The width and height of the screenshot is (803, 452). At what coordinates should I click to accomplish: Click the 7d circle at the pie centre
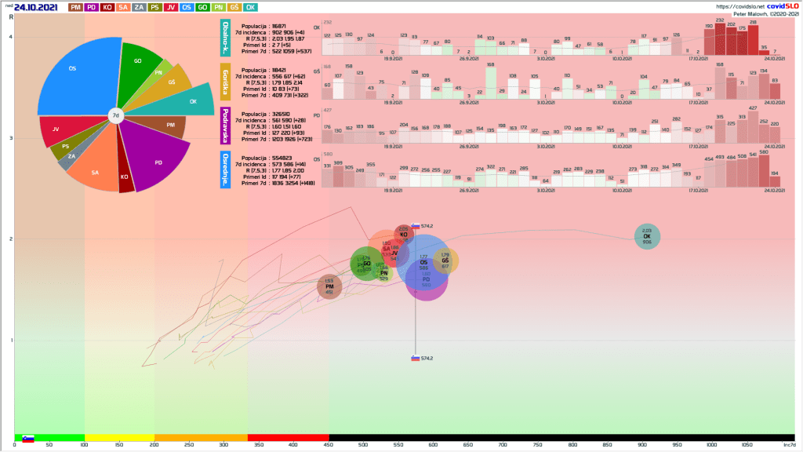click(x=115, y=116)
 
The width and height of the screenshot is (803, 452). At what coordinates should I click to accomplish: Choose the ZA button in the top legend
click(x=138, y=7)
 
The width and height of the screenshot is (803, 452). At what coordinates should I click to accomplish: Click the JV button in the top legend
click(x=171, y=7)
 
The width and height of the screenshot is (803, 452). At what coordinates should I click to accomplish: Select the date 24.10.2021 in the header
click(x=37, y=7)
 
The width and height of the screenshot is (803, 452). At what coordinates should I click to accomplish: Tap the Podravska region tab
click(x=226, y=125)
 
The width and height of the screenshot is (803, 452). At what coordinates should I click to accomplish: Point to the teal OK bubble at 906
click(x=647, y=236)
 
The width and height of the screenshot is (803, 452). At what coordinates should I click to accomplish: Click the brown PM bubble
click(x=329, y=286)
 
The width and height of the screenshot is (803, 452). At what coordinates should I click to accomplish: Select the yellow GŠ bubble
click(x=445, y=261)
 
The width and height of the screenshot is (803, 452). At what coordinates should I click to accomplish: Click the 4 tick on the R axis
click(x=10, y=38)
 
